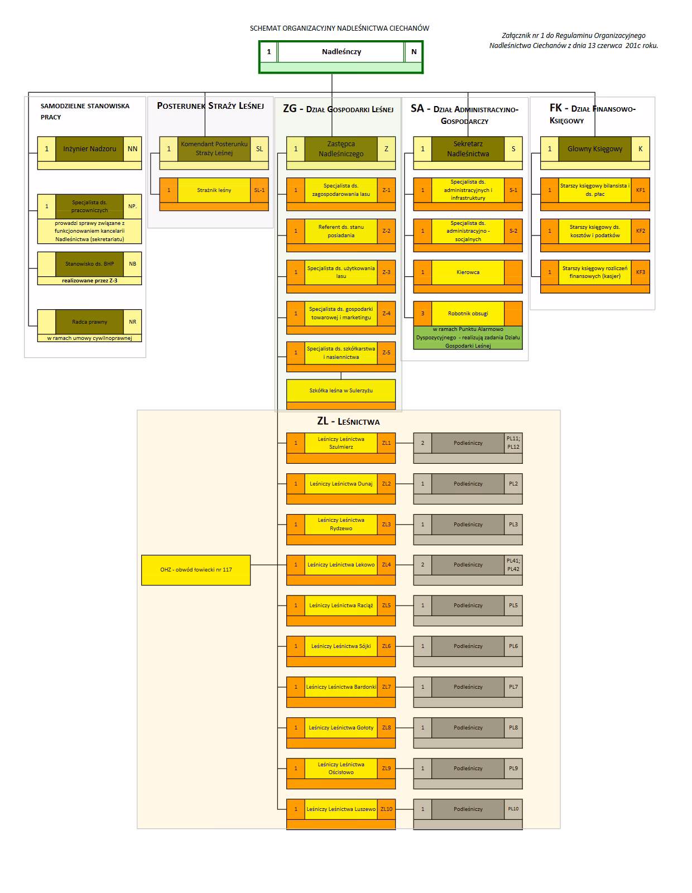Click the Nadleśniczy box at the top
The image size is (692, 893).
pos(341,52)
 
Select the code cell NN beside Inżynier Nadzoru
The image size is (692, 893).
pos(132,149)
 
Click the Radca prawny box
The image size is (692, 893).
pos(89,322)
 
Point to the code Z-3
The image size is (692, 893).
pos(386,272)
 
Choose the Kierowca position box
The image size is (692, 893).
pos(468,272)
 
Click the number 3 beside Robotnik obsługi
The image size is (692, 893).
pos(422,314)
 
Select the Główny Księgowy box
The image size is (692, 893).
pos(595,149)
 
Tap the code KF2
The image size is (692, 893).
pos(640,231)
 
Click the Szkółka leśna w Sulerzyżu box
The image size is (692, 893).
pos(341,391)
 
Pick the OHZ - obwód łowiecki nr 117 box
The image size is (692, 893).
pos(196,570)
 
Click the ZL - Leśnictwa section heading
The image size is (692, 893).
pos(348,422)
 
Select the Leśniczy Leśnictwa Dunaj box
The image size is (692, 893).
pos(341,484)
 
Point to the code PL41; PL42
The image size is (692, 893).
pos(513,565)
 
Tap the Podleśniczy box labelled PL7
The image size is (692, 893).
pos(468,687)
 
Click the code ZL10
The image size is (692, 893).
pos(386,809)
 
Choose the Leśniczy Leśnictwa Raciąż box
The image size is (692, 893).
pos(341,606)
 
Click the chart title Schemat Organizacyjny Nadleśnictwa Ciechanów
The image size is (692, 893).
pos(339,28)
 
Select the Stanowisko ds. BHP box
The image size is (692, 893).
pos(89,264)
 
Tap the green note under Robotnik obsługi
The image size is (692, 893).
pos(468,338)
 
